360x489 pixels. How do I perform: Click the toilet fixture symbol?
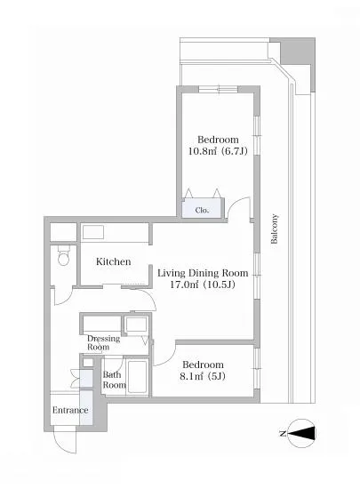click(x=64, y=254)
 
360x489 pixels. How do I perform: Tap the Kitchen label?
click(x=114, y=261)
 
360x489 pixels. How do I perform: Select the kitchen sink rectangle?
click(x=92, y=232)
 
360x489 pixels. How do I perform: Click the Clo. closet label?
click(x=202, y=210)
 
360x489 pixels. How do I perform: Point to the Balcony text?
click(x=274, y=228)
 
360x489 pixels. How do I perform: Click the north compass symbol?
click(x=300, y=433)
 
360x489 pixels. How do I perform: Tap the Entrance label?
click(x=70, y=410)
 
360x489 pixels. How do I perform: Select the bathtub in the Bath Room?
click(x=137, y=376)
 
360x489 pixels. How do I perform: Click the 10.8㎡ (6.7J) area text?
click(x=218, y=151)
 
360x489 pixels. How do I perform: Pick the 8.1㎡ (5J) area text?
click(x=203, y=376)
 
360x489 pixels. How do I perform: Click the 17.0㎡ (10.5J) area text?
click(x=203, y=285)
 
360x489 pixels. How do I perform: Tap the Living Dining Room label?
click(x=203, y=273)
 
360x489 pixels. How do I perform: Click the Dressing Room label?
click(x=103, y=342)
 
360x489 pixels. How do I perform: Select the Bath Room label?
click(x=114, y=380)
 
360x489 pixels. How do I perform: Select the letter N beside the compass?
click(x=283, y=433)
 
